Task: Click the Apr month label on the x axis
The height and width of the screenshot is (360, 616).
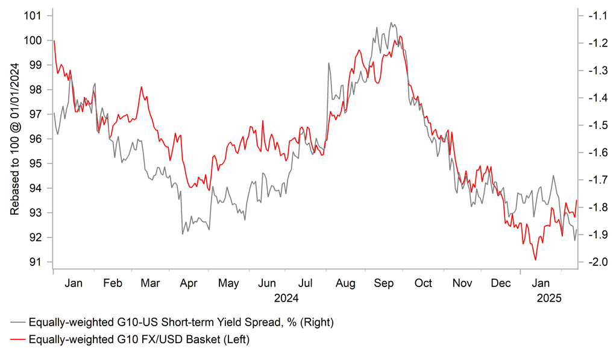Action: (x=189, y=283)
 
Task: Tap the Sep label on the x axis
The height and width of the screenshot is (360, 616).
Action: (x=383, y=283)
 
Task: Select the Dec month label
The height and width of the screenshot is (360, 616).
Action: (x=500, y=283)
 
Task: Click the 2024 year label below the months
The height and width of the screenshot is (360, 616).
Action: (x=286, y=297)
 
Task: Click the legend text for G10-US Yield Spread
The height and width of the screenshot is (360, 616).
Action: (x=181, y=323)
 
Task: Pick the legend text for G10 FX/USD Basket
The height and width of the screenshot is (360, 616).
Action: (x=139, y=340)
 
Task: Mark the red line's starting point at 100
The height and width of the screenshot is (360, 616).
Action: (x=54, y=41)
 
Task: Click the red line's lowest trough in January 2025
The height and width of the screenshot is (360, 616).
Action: (x=535, y=260)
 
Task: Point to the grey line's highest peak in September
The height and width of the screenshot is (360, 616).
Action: (x=391, y=23)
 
